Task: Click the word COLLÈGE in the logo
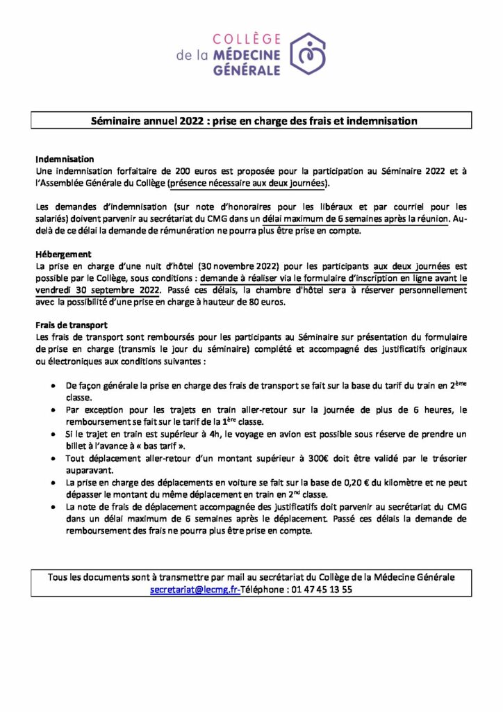coord(245,39)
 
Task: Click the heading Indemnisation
coord(64,159)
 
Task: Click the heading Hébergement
coord(63,254)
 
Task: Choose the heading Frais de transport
coord(71,325)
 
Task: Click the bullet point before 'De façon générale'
coord(55,385)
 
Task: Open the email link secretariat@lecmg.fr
coord(195,589)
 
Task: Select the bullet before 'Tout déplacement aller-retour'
coord(55,459)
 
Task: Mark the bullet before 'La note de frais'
coord(55,508)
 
